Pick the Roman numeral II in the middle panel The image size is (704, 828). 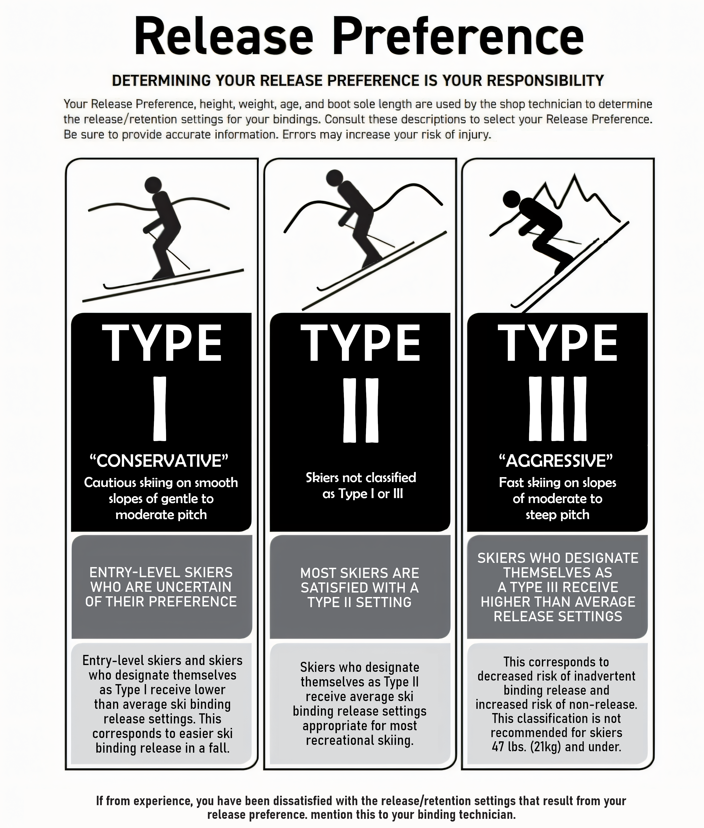pos(361,410)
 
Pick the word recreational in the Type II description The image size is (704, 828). pos(336,740)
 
